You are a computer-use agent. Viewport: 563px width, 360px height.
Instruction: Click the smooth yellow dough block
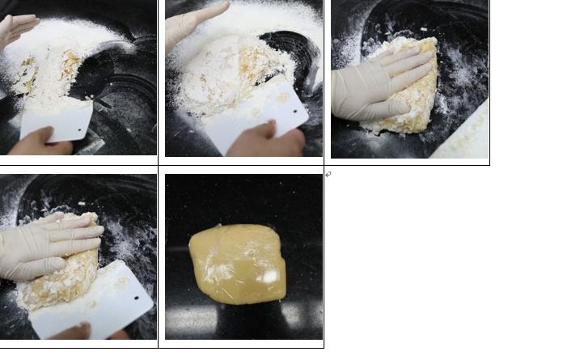point(238,263)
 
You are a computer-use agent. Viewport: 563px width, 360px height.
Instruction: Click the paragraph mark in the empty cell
point(328,174)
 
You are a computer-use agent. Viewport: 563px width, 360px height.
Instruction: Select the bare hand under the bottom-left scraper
point(89,332)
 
